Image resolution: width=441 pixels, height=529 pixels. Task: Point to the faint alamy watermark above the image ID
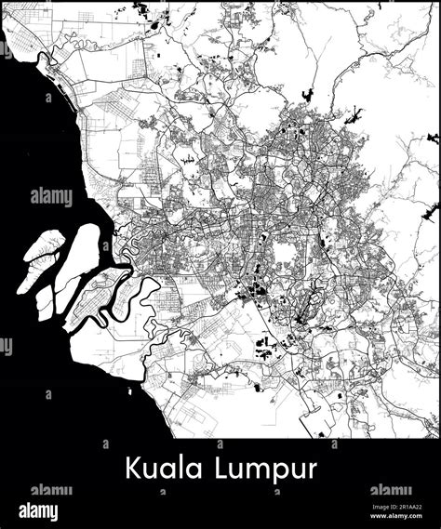[390, 490]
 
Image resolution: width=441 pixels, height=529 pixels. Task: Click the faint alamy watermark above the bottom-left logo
[51, 490]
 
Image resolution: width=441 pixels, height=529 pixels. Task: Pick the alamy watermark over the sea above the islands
[50, 197]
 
